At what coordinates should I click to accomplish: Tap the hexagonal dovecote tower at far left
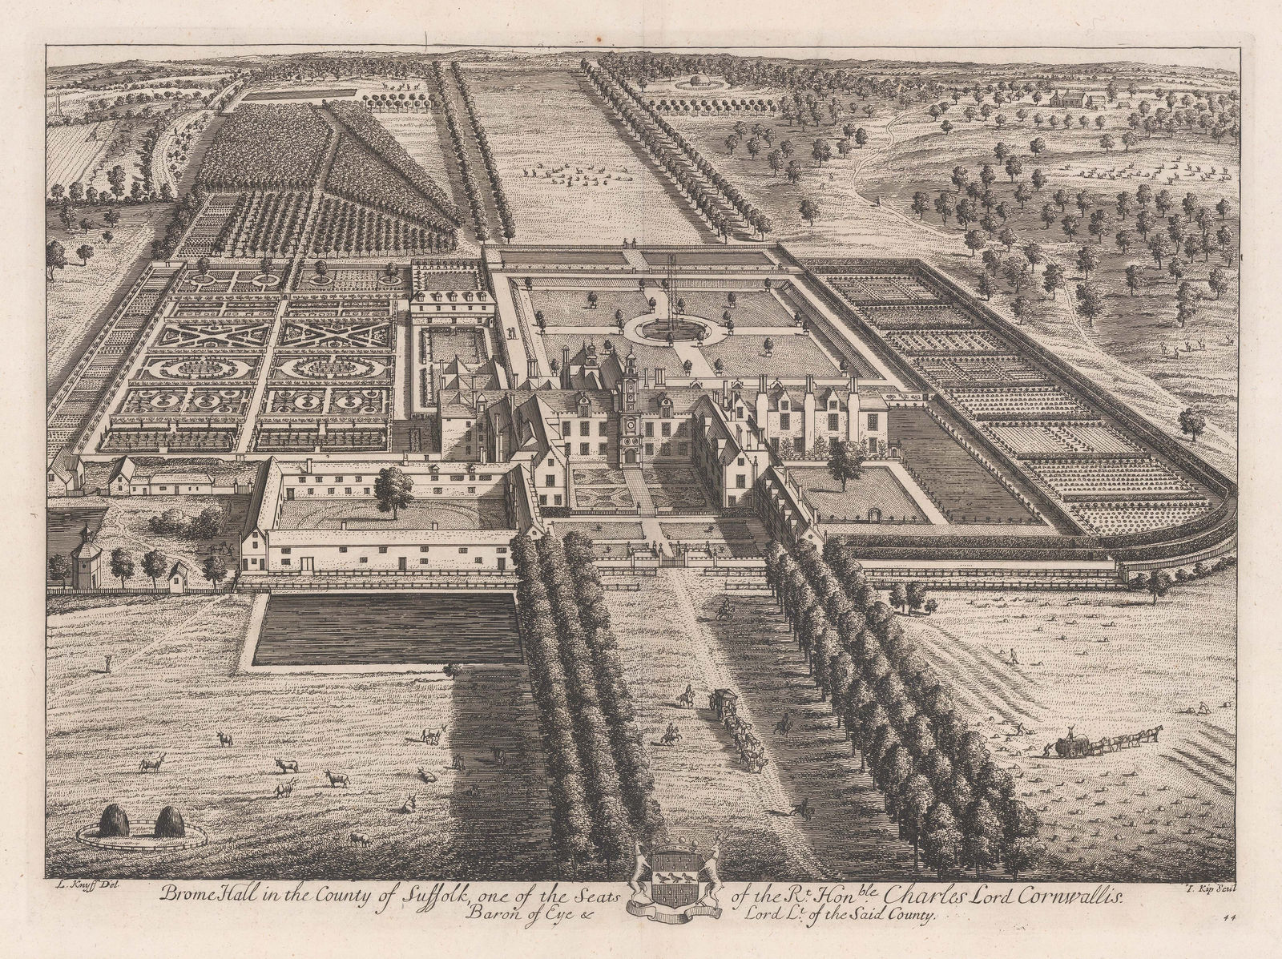pos(82,556)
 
